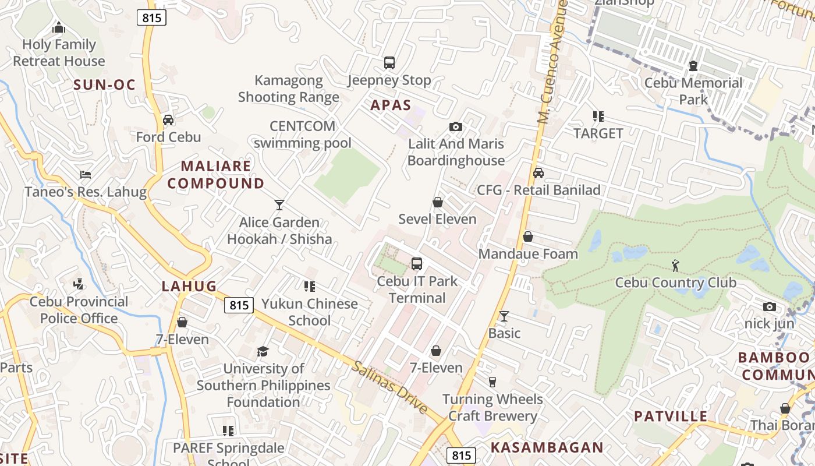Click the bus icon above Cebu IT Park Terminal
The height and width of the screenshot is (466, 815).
(x=417, y=264)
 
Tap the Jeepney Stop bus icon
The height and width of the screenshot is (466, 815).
(x=389, y=63)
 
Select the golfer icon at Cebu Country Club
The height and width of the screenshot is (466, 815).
(x=675, y=266)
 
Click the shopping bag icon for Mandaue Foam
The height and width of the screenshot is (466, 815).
(x=528, y=236)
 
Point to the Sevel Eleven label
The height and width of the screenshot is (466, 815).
(x=437, y=219)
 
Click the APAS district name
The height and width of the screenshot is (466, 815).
(x=391, y=105)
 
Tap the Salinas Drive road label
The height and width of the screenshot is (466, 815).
(x=389, y=387)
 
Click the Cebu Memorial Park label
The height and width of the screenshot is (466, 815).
(x=693, y=91)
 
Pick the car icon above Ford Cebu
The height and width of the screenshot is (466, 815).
(x=168, y=120)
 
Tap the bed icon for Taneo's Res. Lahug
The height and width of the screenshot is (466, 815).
(x=86, y=175)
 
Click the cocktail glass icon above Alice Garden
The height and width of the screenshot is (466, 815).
(x=279, y=205)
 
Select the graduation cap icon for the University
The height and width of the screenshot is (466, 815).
(x=263, y=351)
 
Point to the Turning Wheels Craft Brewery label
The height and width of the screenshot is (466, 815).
(x=492, y=407)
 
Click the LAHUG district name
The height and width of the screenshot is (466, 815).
(x=189, y=286)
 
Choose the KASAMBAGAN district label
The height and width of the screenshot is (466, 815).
(x=547, y=447)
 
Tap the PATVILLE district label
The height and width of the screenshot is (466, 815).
(x=671, y=416)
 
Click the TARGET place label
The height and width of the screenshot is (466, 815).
(x=598, y=133)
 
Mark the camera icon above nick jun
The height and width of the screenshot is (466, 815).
(x=770, y=306)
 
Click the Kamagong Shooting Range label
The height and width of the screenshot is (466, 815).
(x=289, y=89)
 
